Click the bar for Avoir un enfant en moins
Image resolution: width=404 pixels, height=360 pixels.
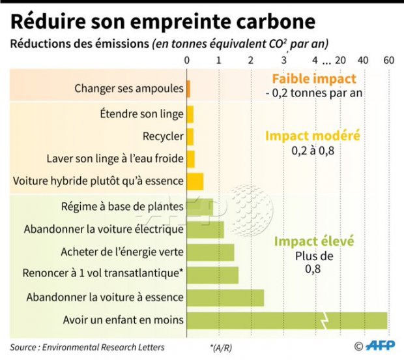tap(287, 320)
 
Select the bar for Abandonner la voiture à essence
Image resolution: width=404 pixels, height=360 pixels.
tap(225, 297)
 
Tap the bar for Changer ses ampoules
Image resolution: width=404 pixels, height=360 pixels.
tap(188, 88)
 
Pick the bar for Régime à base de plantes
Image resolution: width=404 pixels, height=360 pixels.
tap(200, 207)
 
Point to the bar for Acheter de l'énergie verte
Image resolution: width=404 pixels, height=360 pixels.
tap(210, 252)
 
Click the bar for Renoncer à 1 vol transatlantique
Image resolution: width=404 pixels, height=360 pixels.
tap(212, 275)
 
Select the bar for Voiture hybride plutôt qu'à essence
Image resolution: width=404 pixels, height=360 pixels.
tap(195, 181)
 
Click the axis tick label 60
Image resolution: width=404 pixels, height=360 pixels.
tap(389, 60)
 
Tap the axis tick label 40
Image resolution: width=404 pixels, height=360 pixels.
tap(364, 60)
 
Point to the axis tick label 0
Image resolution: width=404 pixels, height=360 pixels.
tap(187, 60)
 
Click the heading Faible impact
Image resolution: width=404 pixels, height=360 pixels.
tap(314, 79)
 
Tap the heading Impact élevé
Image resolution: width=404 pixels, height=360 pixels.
tap(314, 241)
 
